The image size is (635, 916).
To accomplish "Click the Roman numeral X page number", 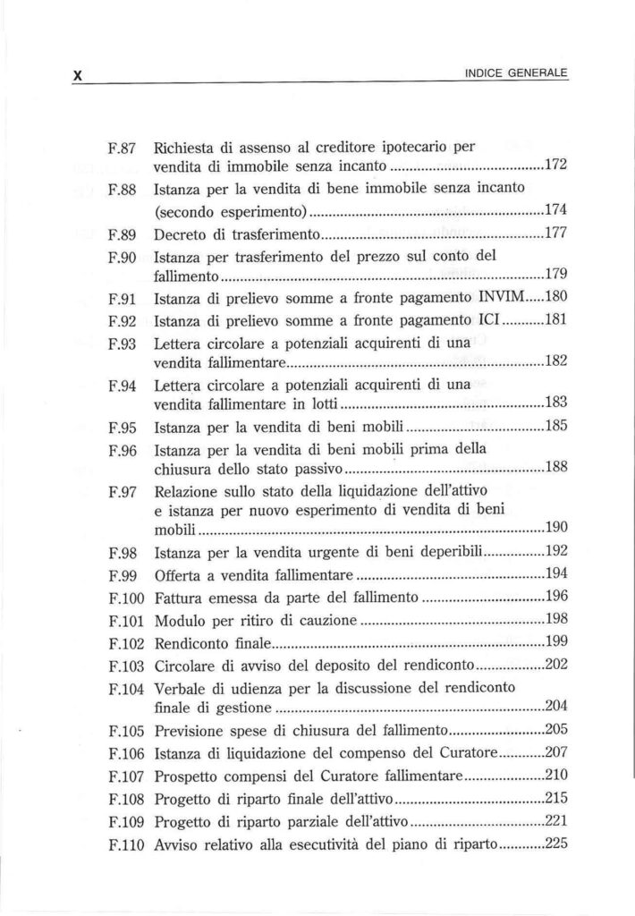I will [78, 77].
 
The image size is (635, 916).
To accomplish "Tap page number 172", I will [557, 166].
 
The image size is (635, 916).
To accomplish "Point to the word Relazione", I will [186, 489].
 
